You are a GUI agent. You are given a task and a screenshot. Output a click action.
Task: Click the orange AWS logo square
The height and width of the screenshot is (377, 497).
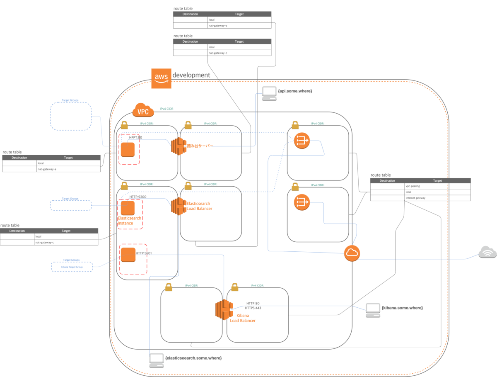(161, 78)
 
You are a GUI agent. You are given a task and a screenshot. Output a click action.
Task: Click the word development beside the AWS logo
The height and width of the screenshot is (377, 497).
(191, 75)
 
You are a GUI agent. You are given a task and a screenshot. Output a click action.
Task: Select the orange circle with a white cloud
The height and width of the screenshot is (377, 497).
(352, 253)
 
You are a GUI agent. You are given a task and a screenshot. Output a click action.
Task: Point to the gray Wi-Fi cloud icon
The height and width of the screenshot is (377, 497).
(487, 252)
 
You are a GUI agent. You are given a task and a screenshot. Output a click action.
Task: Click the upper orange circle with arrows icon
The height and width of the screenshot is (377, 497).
(302, 141)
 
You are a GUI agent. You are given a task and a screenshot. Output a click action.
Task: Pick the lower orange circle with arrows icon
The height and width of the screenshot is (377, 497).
(302, 202)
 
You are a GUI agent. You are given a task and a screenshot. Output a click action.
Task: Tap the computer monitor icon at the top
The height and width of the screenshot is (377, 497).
(269, 93)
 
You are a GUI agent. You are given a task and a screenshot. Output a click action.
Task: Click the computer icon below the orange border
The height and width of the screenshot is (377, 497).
(157, 360)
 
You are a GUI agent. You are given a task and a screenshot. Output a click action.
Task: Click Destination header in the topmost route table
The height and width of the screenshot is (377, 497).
(190, 14)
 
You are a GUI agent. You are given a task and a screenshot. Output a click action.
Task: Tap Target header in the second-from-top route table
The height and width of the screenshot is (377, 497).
(239, 41)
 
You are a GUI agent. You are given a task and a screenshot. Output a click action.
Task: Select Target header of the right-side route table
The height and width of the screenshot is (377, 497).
(437, 181)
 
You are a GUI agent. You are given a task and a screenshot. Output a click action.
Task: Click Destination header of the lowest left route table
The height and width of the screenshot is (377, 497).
(17, 231)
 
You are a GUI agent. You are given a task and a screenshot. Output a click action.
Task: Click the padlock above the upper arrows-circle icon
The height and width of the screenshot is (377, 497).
(295, 125)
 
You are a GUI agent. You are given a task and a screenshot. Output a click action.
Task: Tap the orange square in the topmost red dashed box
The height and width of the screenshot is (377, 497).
(128, 149)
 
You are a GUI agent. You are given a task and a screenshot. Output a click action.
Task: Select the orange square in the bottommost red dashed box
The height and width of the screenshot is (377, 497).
(128, 255)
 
